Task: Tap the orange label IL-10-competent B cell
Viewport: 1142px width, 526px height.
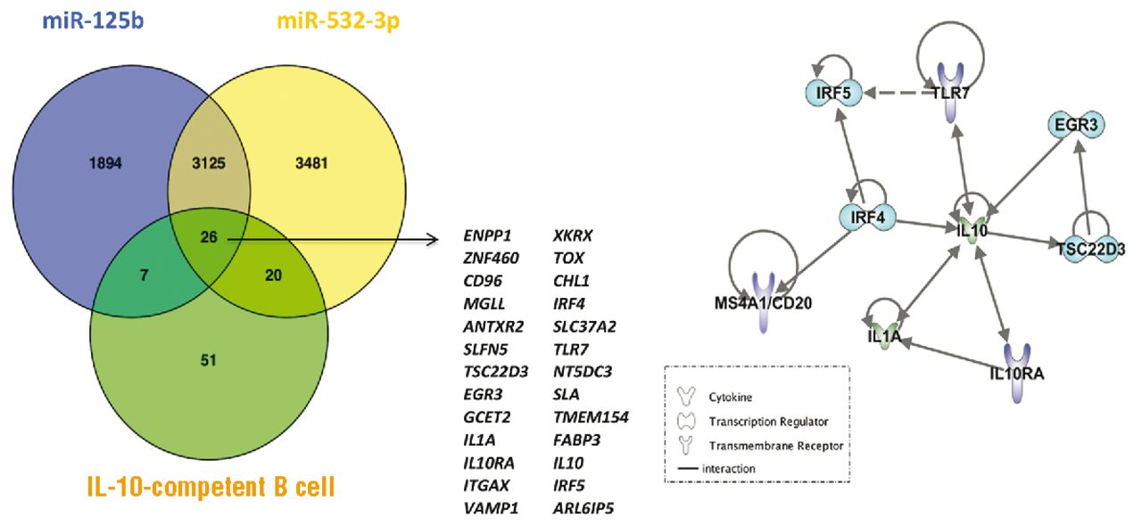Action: (211, 488)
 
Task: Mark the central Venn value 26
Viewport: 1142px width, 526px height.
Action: (209, 237)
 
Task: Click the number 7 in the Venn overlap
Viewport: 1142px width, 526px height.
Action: (144, 276)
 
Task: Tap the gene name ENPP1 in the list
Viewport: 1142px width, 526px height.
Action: (488, 236)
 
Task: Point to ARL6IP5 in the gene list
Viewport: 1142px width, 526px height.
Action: (583, 507)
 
